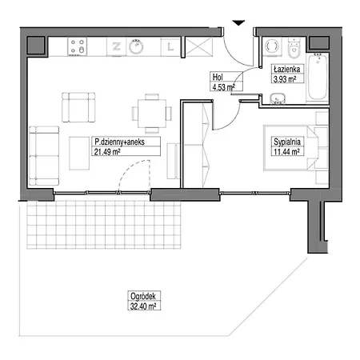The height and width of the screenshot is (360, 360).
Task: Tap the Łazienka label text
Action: point(286,70)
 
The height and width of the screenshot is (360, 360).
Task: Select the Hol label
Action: point(216,78)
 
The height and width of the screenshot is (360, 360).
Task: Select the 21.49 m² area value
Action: point(106,150)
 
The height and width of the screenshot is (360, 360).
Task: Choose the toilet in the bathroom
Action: point(272,46)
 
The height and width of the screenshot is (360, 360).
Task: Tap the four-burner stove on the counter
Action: point(78,46)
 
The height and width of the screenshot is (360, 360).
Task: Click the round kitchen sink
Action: point(137,47)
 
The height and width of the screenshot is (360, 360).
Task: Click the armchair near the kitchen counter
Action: point(78,106)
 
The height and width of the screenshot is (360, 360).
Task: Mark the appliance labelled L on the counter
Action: point(170,47)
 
